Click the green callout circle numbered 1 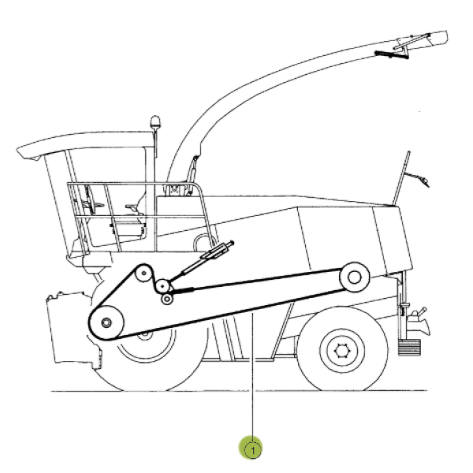(251, 447)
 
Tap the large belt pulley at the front (106, 322)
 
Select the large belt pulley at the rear (355, 277)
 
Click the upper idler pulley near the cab (143, 274)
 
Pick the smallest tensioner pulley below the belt (167, 299)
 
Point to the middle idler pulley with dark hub (162, 285)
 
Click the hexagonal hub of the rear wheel (342, 351)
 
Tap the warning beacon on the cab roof (155, 122)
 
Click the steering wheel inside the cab (91, 200)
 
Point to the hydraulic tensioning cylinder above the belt (200, 259)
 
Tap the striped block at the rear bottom (409, 348)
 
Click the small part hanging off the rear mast (420, 179)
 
